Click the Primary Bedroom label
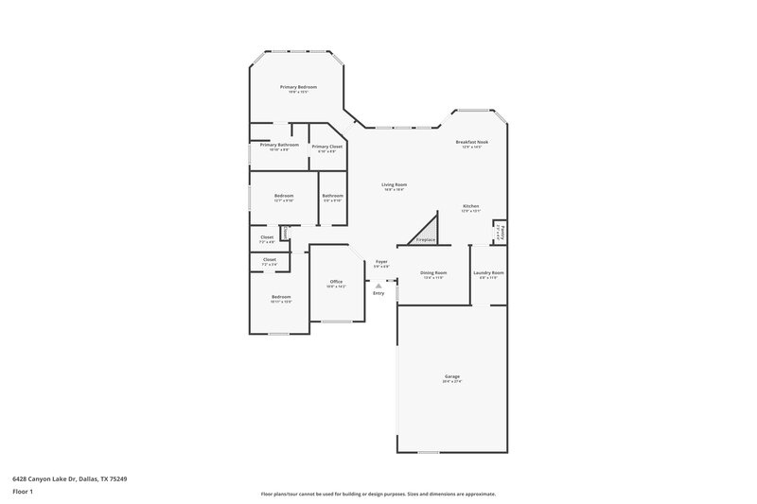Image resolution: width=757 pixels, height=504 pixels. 298,87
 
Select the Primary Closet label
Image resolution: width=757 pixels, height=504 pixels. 327,147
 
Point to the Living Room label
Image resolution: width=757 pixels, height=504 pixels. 394,184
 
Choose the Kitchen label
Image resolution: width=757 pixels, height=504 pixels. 470,206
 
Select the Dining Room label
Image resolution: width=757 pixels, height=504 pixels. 433,272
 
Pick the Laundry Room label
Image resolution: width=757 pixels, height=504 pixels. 490,272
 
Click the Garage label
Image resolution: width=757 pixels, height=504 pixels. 452,376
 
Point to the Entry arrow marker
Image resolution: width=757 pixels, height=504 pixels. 378,286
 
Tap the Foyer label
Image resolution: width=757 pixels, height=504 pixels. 381,262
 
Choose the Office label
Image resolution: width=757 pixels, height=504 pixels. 335,282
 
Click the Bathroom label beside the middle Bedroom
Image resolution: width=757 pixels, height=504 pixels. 332,196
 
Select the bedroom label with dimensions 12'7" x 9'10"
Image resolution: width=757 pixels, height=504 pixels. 284,196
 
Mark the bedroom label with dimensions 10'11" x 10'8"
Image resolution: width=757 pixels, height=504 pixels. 281,297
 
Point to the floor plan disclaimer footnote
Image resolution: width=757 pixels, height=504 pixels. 378,494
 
